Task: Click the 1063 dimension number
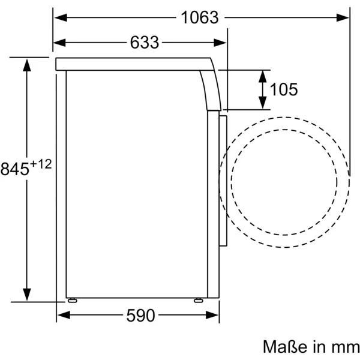coord(200,17)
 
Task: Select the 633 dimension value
coord(145,43)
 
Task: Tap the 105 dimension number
coord(284,89)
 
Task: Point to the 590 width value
coord(140,315)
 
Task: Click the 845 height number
coord(14,169)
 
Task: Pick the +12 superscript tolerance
coord(41,164)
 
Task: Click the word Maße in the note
coord(285,347)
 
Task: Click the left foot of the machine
coord(73,301)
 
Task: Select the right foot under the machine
coord(199,301)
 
